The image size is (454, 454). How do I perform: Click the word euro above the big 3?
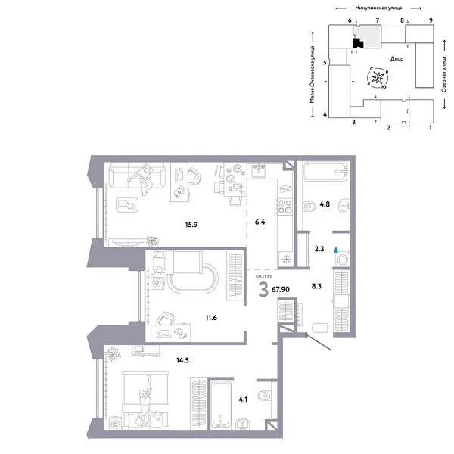263,278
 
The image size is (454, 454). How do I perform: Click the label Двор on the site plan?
397,58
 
